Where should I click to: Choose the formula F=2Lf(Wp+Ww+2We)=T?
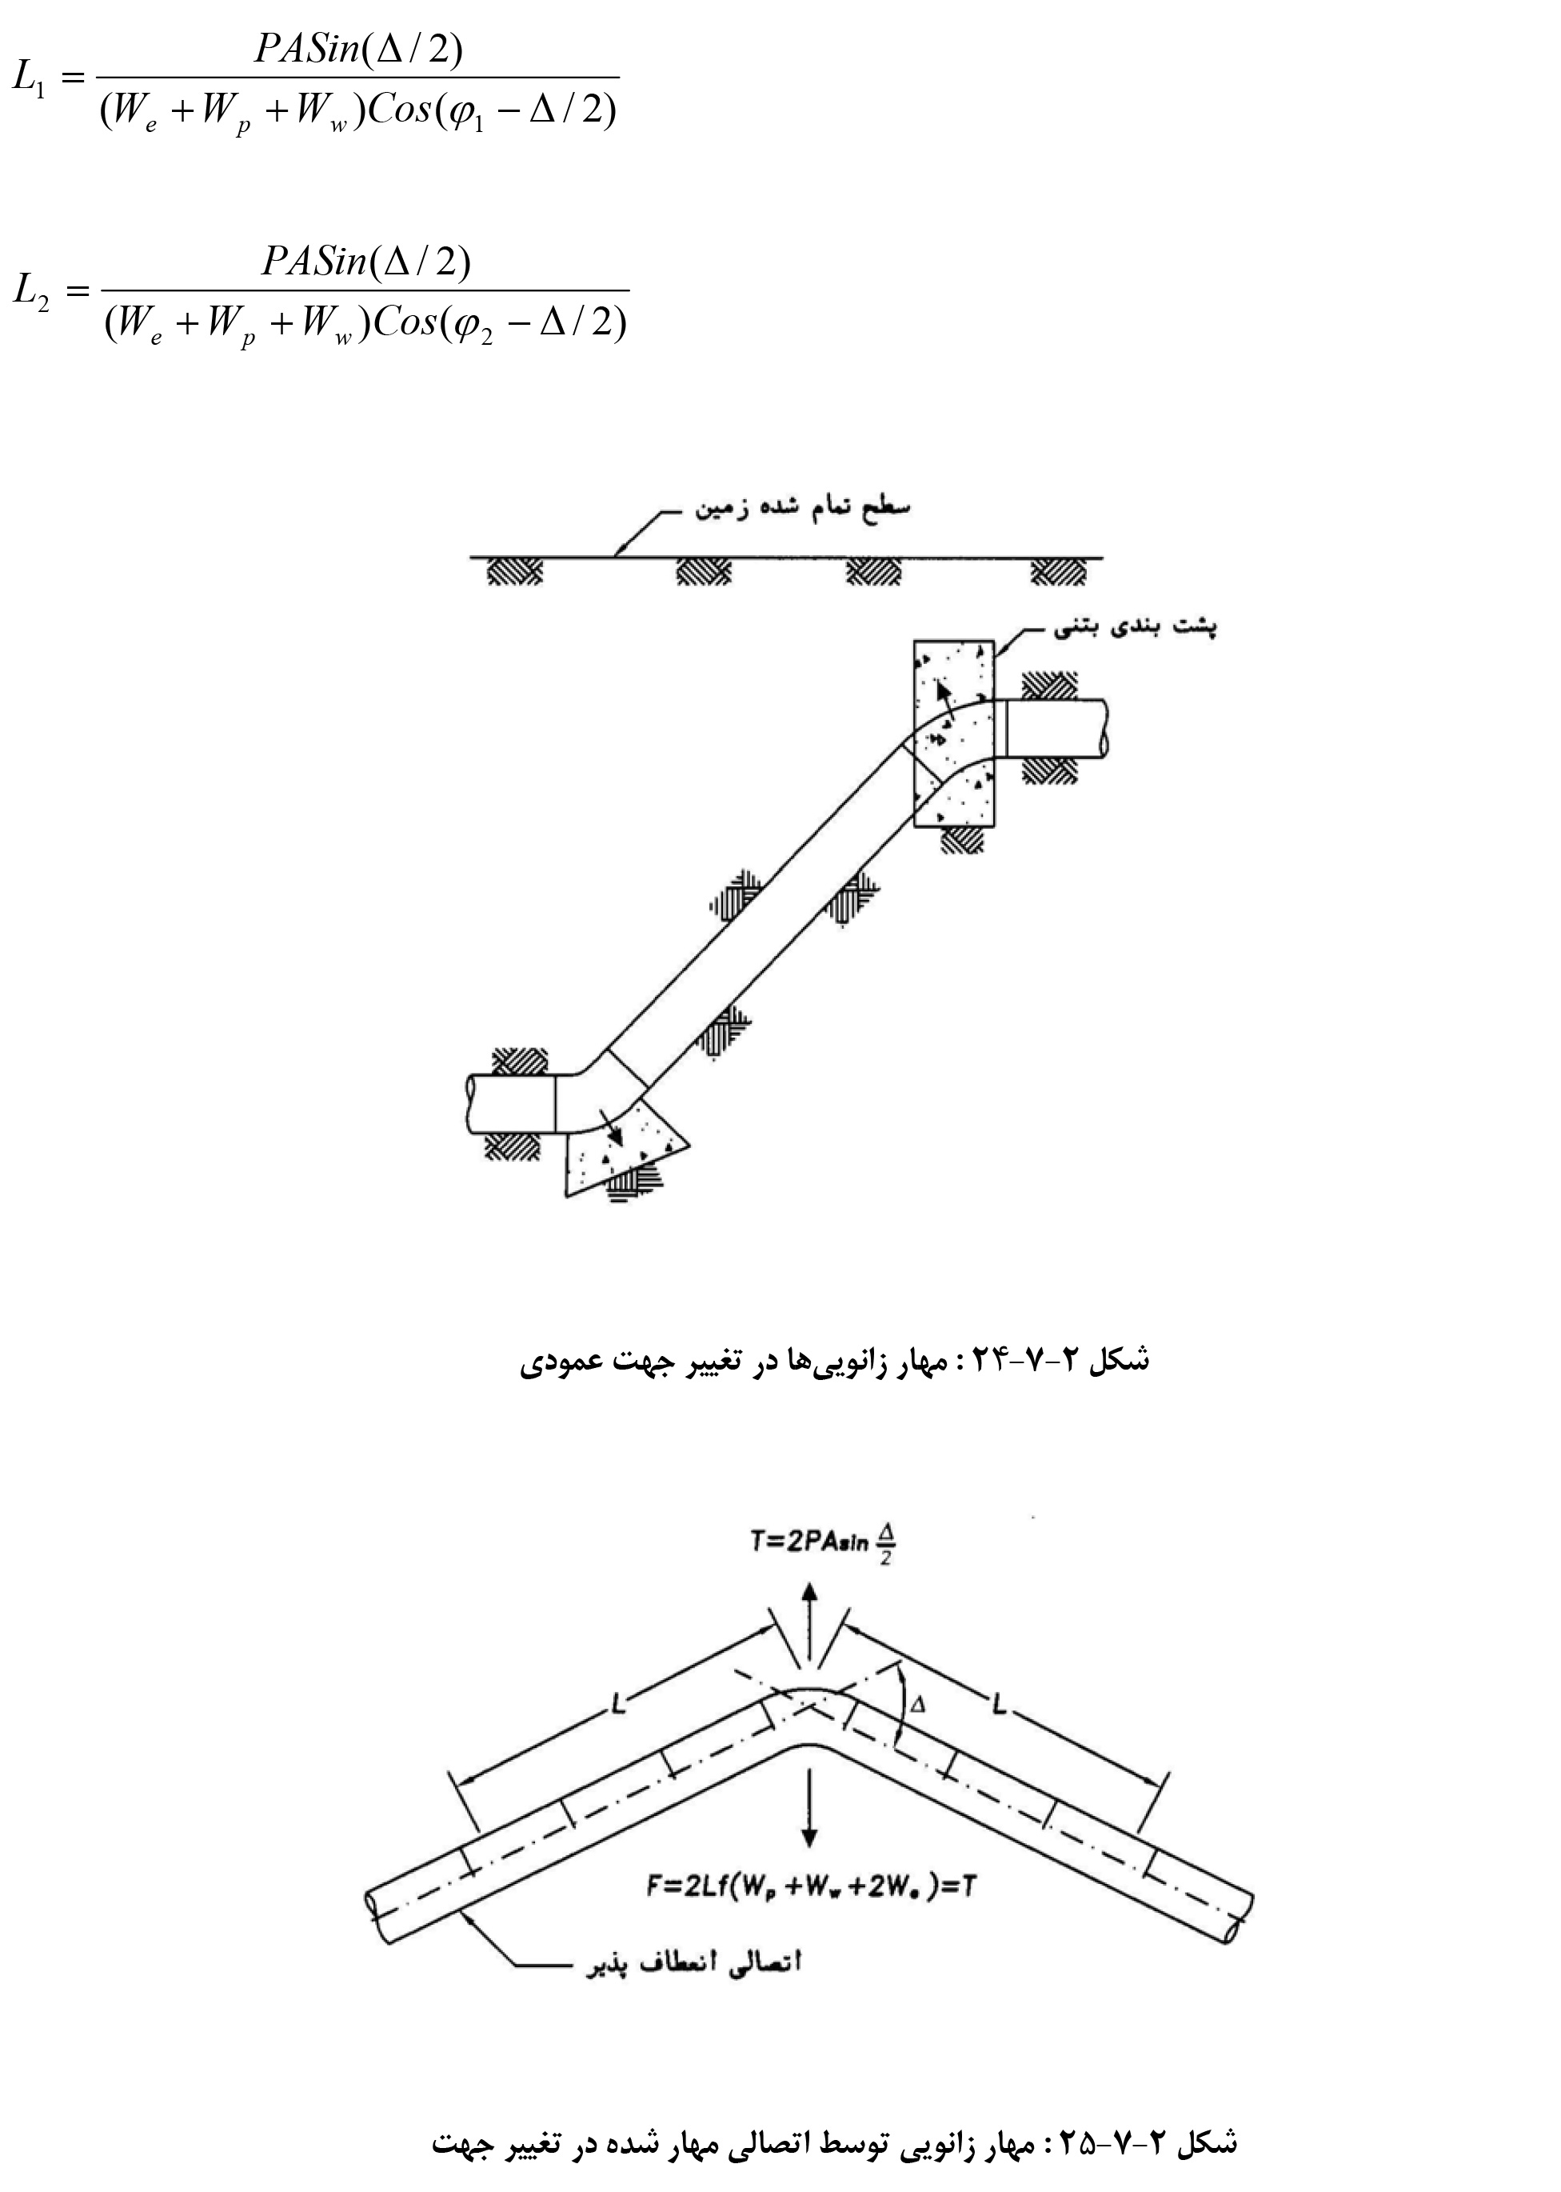[812, 1887]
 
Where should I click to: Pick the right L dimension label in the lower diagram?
[1000, 1706]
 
